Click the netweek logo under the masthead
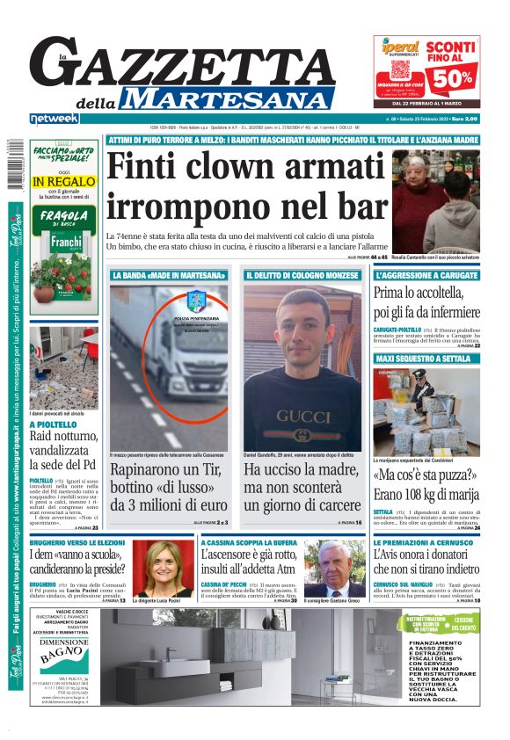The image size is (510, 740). click(54, 119)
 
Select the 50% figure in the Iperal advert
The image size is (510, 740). click(450, 78)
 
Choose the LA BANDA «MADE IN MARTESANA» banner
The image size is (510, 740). click(169, 275)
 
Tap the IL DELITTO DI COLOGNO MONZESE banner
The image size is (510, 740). click(302, 275)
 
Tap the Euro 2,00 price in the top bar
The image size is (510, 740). click(463, 119)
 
